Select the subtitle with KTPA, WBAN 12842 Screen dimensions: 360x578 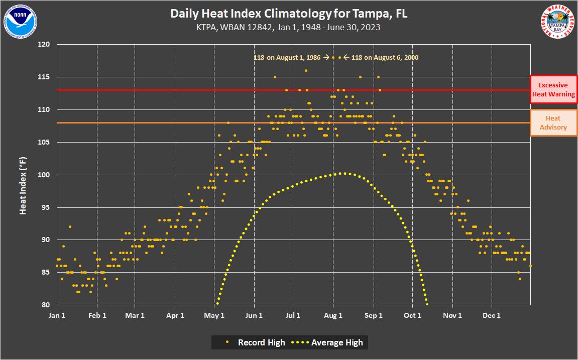(289, 27)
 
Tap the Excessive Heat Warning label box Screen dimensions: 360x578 (553, 89)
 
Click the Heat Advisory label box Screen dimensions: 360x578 (553, 123)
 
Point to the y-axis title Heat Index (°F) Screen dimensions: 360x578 (23, 185)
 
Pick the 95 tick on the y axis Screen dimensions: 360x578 (46, 207)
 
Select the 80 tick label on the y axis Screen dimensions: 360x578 (46, 305)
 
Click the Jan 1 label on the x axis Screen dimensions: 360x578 (57, 315)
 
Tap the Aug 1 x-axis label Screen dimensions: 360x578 (333, 315)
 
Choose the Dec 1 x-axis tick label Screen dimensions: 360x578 (492, 315)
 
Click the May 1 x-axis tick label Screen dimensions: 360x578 (214, 315)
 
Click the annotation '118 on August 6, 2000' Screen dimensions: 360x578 (384, 58)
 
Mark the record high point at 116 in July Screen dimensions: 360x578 (306, 71)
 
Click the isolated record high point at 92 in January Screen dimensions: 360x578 (70, 227)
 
